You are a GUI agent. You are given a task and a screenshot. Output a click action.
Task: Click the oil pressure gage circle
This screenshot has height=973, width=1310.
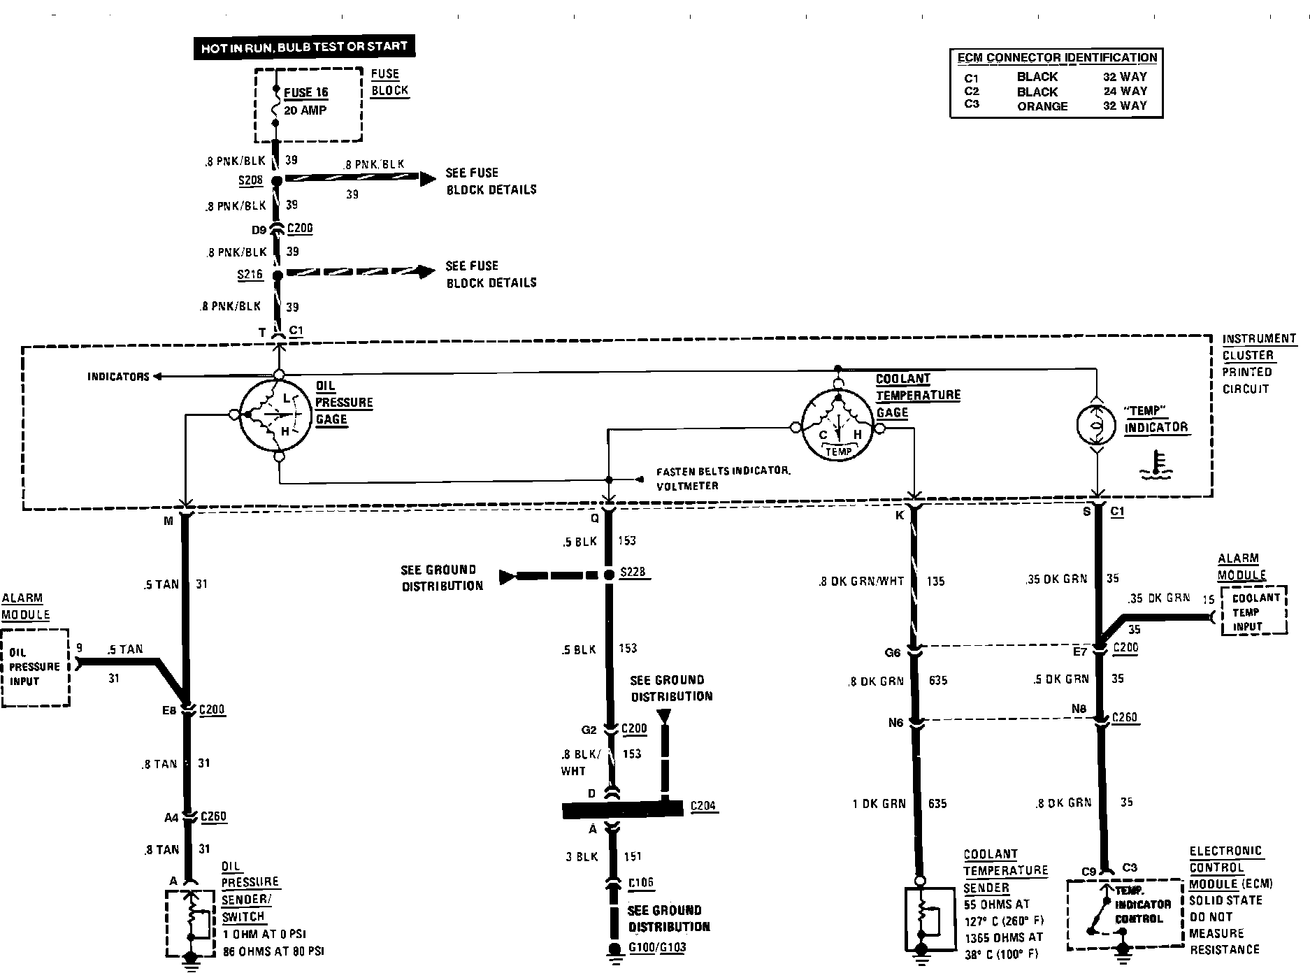(x=275, y=415)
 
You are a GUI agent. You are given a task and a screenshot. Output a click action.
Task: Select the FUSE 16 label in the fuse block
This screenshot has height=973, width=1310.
(x=305, y=92)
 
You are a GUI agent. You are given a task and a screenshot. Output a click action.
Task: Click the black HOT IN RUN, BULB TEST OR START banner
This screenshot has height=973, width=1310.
(x=304, y=48)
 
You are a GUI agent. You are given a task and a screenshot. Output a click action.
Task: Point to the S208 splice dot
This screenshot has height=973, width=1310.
(x=276, y=181)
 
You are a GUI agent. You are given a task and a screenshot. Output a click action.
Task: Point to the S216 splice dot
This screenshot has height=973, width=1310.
(x=278, y=275)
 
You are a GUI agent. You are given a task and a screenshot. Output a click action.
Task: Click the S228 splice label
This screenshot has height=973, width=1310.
(x=633, y=572)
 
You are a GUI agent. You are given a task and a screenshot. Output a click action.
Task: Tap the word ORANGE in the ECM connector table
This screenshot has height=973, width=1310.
(x=1042, y=106)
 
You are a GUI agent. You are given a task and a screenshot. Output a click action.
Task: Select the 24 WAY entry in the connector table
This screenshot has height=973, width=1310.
(x=1125, y=91)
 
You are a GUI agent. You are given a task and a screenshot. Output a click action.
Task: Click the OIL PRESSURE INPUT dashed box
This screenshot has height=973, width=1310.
(x=35, y=668)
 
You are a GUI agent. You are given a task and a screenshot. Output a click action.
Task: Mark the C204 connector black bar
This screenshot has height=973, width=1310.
(x=622, y=809)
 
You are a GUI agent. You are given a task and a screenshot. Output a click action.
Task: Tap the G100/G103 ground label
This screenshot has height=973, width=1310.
(x=657, y=948)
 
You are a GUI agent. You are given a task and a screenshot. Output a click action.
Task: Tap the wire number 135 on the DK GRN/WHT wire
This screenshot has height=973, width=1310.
(x=935, y=581)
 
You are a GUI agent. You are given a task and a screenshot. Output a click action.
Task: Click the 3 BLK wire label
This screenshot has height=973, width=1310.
(x=582, y=857)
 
